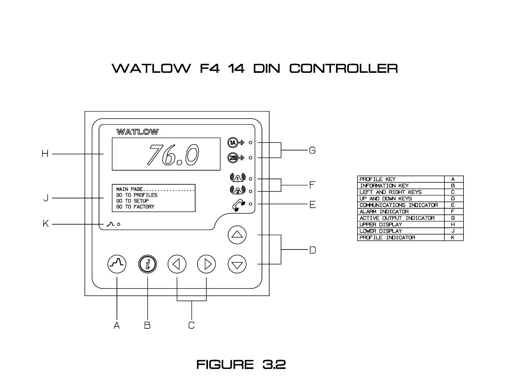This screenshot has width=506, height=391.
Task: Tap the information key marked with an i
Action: pyautogui.click(x=148, y=264)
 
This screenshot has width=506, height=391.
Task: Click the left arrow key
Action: pyautogui.click(x=177, y=264)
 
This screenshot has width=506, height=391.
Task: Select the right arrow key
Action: pyautogui.click(x=206, y=264)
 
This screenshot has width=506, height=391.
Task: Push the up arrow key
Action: pyautogui.click(x=237, y=235)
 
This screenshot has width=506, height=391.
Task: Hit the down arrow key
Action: pyautogui.click(x=237, y=264)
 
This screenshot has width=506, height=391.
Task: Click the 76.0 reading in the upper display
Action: pyautogui.click(x=173, y=155)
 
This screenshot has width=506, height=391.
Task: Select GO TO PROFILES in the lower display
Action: pyautogui.click(x=137, y=195)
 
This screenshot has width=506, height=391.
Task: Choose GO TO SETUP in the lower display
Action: pyautogui.click(x=132, y=201)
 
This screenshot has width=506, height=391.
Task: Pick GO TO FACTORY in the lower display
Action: pyautogui.click(x=135, y=207)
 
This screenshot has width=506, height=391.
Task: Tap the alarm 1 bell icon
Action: pyautogui.click(x=237, y=178)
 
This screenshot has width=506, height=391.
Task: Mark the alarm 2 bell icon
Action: pyautogui.click(x=237, y=191)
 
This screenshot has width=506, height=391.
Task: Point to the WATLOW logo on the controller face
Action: pyautogui.click(x=137, y=132)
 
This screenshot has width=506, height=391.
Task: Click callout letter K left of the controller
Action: pyautogui.click(x=46, y=224)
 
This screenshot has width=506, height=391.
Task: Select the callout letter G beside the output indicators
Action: pyautogui.click(x=312, y=150)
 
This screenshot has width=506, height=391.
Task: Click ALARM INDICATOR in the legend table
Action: pyautogui.click(x=384, y=211)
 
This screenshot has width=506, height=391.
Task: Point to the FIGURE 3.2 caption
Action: pyautogui.click(x=241, y=364)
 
